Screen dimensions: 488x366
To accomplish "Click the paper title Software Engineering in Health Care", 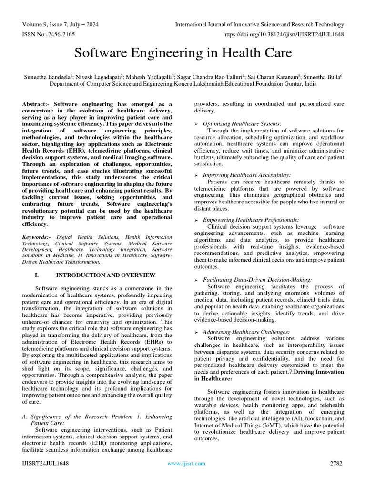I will pyautogui.click(x=183, y=52).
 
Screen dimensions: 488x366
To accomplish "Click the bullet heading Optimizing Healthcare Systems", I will pyautogui.click(x=242, y=124).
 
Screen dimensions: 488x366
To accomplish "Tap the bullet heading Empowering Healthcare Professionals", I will pyautogui.click(x=251, y=220).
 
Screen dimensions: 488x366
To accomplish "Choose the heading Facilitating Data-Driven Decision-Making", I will pyautogui.click(x=257, y=280).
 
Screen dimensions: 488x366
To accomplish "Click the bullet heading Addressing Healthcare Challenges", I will pyautogui.click(x=246, y=331).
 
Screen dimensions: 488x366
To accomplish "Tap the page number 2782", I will pyautogui.click(x=336, y=463).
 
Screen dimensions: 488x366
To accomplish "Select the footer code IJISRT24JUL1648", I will pyautogui.click(x=46, y=463).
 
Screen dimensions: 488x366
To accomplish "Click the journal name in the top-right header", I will pyautogui.click(x=260, y=24).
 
